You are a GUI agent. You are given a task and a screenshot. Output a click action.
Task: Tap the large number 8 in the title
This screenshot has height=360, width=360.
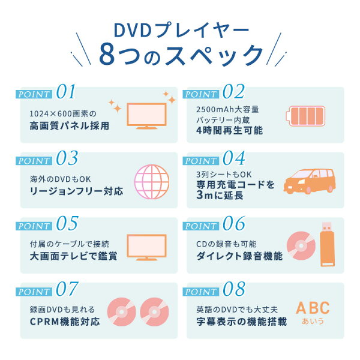(x=107, y=55)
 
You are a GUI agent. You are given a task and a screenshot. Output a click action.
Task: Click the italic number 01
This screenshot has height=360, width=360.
(x=66, y=91)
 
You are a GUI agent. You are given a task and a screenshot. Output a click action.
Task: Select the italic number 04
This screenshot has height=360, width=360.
(x=234, y=158)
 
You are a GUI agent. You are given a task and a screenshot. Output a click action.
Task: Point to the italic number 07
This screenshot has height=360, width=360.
(x=67, y=289)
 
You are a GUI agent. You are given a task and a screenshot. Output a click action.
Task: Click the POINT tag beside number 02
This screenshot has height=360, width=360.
(x=201, y=94)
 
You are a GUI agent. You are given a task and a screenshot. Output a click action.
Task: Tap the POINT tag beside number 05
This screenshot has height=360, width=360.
(x=34, y=226)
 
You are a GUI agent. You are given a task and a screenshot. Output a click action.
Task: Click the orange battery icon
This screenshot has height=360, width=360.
(x=305, y=116)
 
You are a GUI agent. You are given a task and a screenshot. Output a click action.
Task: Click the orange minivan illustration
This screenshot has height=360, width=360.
(x=310, y=181)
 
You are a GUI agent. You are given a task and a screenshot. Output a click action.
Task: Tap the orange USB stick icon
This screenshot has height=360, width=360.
(x=328, y=244)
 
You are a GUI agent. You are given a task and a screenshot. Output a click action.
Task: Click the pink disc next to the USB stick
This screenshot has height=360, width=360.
(x=301, y=245)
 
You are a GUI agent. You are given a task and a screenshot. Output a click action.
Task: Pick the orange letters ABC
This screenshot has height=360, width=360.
(x=313, y=308)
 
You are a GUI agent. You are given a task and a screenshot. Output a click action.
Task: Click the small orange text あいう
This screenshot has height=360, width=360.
(x=313, y=321)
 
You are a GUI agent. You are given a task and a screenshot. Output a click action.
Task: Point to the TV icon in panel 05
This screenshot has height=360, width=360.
(x=146, y=247)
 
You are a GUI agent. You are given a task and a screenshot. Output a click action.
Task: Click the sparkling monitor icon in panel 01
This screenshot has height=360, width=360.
(x=146, y=116)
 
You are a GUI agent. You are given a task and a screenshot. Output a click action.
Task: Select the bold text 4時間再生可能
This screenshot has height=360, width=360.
(x=230, y=131)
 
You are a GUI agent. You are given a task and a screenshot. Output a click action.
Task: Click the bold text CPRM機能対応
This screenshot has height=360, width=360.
(x=65, y=322)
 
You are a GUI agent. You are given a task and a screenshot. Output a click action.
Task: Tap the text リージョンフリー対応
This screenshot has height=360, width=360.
(x=76, y=191)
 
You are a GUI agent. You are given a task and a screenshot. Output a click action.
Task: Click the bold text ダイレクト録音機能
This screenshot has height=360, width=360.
(x=239, y=256)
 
